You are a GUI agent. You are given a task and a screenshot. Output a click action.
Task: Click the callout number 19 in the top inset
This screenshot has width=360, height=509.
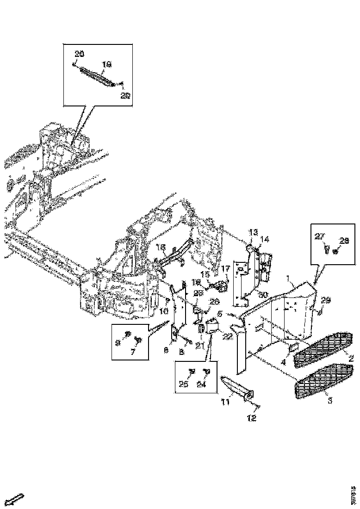click(107, 65)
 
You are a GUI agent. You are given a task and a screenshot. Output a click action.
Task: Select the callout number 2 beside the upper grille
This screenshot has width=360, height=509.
click(351, 358)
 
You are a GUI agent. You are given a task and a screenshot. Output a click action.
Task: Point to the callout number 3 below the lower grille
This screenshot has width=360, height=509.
click(330, 400)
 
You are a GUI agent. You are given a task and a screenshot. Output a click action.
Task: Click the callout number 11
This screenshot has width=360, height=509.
click(225, 403)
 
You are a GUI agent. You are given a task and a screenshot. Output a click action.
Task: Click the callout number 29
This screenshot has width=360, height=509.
click(326, 301)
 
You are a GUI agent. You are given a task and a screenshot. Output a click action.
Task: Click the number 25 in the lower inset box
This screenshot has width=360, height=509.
click(183, 384)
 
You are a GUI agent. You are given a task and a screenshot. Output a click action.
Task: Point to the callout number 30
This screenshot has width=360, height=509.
click(263, 294)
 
